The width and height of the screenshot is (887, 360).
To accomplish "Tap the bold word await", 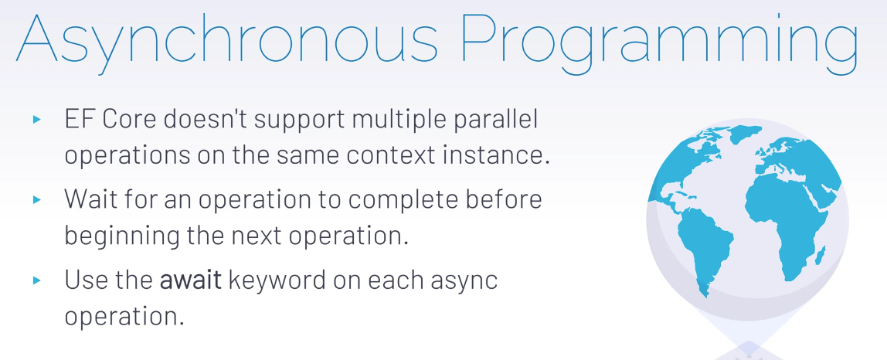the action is tap(191, 280).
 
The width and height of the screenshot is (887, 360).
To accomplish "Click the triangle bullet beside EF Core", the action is tap(37, 120).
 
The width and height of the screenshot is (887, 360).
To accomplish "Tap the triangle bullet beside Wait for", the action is tap(37, 199).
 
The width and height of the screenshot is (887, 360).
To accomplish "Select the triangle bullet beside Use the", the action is tap(37, 280).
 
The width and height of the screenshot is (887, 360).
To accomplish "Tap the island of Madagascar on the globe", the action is tap(819, 256).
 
